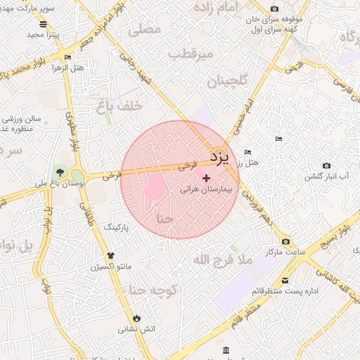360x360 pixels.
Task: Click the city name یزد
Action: [x=220, y=157]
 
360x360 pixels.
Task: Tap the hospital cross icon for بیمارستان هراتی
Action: [x=205, y=179]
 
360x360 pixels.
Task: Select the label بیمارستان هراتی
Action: [x=205, y=190]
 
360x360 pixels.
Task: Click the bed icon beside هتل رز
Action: [x=247, y=152]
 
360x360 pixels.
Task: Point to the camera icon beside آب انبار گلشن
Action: [x=326, y=165]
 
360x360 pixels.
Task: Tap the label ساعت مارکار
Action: [x=283, y=251]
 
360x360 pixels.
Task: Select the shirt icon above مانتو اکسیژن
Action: [x=110, y=256]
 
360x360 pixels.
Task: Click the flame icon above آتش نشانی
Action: [x=136, y=318]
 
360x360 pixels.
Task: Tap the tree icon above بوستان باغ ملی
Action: [x=60, y=172]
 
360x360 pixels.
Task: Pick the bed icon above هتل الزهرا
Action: [x=67, y=57]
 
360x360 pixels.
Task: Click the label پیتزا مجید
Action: [x=44, y=34]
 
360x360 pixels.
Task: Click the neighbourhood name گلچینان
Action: [x=228, y=82]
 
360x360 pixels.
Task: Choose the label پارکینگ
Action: [x=117, y=229]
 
